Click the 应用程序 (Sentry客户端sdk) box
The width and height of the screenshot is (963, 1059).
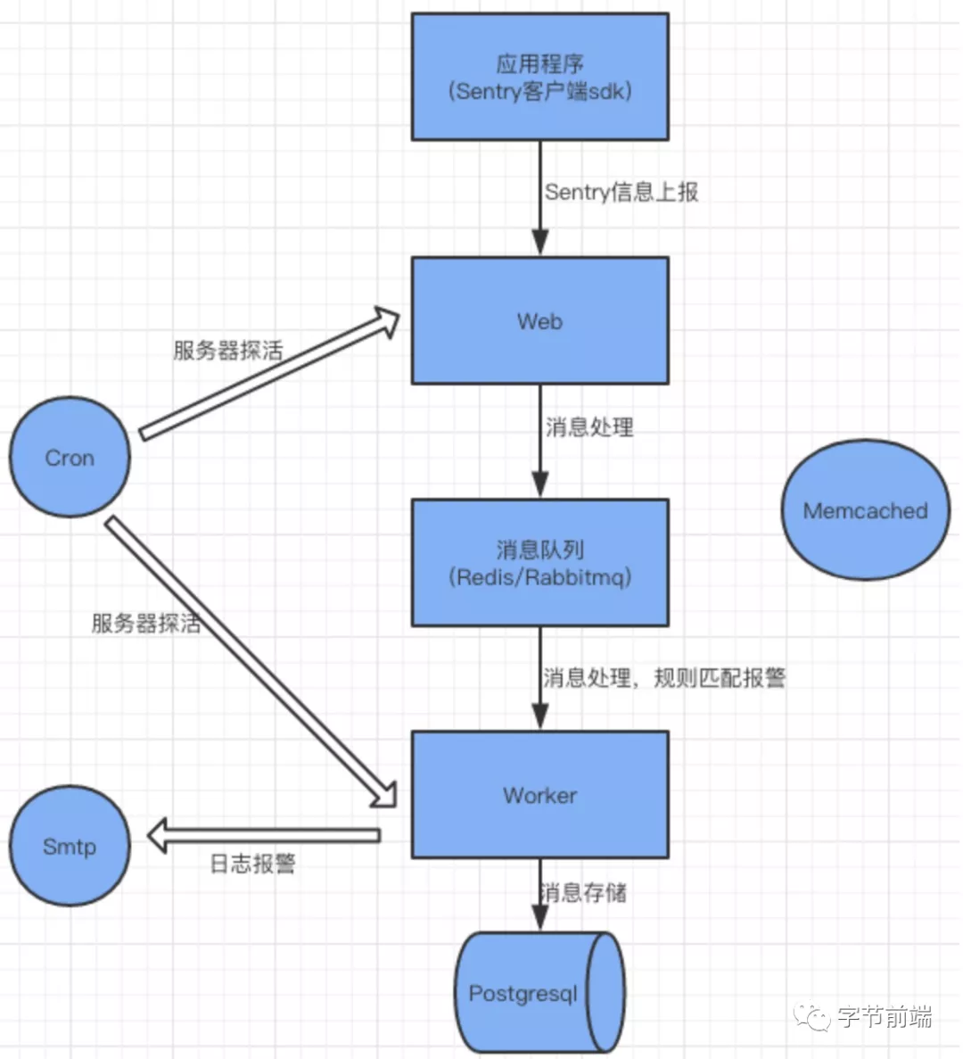[539, 77]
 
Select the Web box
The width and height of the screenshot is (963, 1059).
[539, 321]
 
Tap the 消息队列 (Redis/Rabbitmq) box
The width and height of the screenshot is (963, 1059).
[539, 562]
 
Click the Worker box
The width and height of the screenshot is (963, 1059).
[539, 794]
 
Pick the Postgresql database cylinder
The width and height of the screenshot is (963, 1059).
[535, 993]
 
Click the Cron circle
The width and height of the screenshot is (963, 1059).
[70, 458]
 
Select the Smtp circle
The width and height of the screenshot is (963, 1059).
[70, 846]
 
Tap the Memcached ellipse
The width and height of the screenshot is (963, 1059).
[865, 510]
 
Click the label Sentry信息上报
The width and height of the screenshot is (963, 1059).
[621, 192]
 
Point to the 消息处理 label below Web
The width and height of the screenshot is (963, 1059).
[589, 427]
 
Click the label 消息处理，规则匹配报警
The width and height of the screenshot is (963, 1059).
[664, 678]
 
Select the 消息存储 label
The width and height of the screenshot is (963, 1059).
[584, 892]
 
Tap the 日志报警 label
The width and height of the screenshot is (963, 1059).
[252, 864]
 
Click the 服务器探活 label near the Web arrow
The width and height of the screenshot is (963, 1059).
[227, 350]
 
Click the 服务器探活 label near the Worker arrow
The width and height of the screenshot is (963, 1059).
[146, 623]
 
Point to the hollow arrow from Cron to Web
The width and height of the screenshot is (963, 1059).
[267, 375]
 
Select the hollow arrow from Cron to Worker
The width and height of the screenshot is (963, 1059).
[250, 660]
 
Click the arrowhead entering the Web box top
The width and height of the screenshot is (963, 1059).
[539, 242]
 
